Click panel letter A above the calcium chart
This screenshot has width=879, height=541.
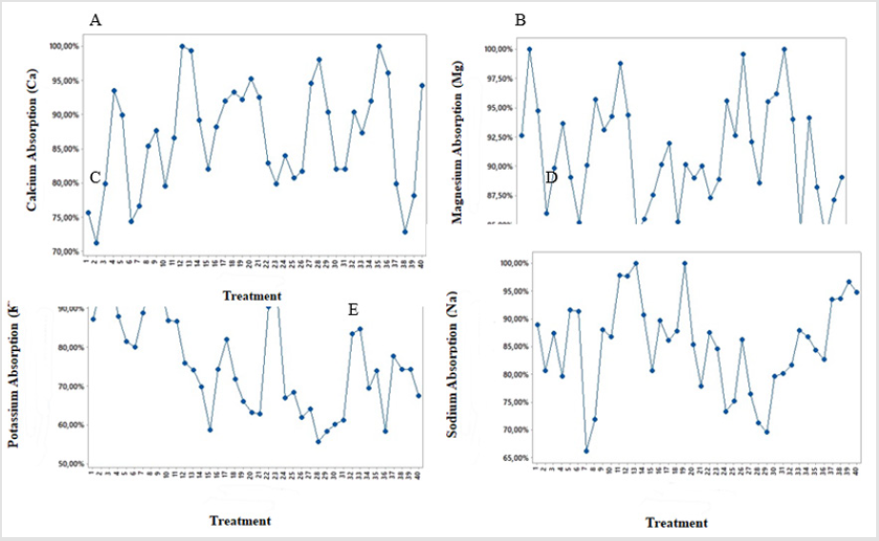tap(95, 20)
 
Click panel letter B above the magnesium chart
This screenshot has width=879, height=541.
tap(520, 20)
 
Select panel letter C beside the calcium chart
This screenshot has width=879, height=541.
tap(94, 177)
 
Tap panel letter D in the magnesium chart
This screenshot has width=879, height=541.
tap(551, 177)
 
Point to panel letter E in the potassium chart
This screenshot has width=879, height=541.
tap(353, 310)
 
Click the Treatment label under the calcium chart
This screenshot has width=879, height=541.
tap(252, 296)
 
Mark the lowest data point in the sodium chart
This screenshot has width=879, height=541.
tap(586, 451)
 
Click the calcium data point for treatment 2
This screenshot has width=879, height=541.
tap(95, 242)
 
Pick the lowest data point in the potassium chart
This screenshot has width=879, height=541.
tap(317, 441)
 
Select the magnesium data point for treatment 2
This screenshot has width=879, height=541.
tap(529, 49)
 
